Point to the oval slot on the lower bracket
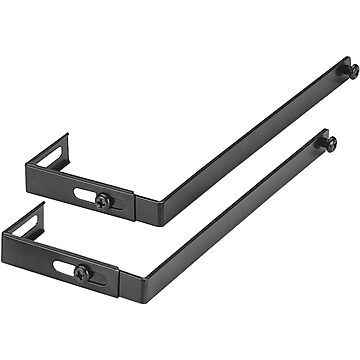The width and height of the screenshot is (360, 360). point(66,267)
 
